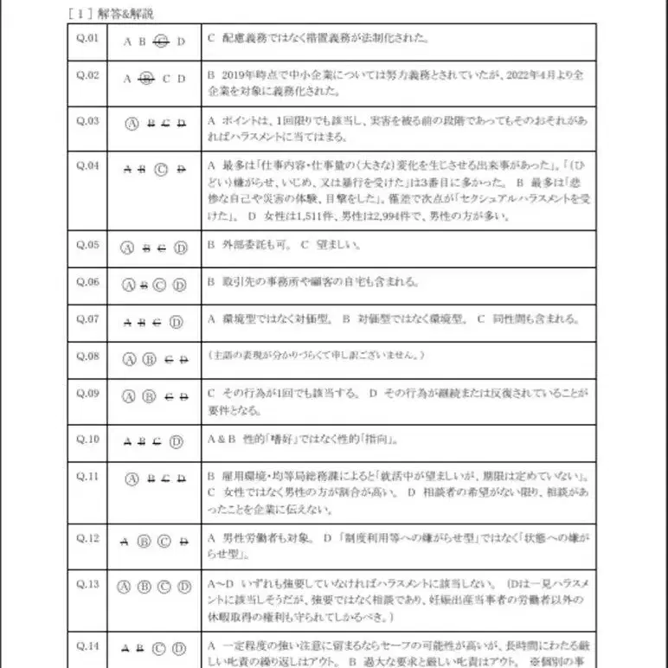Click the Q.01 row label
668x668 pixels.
(87, 39)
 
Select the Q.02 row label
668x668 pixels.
(87, 75)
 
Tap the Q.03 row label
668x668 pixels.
(87, 120)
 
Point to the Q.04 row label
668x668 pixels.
(87, 164)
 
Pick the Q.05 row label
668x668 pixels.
(87, 244)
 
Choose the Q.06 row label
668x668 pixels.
(87, 281)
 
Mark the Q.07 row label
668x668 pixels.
(87, 318)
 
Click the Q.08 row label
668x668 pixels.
(87, 355)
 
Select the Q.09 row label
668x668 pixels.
(87, 392)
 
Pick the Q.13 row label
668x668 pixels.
(87, 583)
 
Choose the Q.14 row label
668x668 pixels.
(87, 645)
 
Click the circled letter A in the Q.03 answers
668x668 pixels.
(132, 123)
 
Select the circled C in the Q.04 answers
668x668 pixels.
(162, 169)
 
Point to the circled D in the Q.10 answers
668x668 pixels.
(177, 441)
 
